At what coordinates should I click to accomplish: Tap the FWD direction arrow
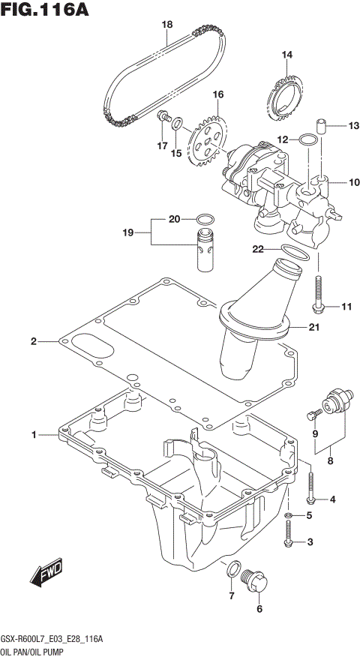point(47,572)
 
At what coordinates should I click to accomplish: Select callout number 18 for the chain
point(167,25)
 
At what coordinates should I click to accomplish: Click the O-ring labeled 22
point(294,253)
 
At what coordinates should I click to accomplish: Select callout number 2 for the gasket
point(34,342)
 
